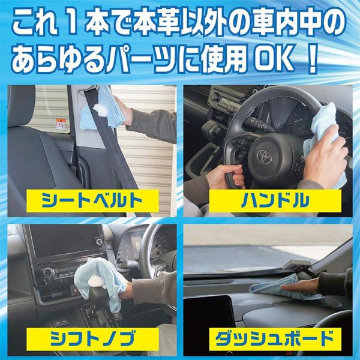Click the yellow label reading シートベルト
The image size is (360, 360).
point(92,200)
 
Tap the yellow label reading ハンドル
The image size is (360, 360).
point(275,200)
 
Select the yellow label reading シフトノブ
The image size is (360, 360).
point(92,339)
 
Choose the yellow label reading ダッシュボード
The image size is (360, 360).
point(275,339)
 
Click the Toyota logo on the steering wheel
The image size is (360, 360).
point(265,157)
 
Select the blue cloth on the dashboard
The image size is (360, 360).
point(284,290)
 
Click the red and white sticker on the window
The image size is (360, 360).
point(61,124)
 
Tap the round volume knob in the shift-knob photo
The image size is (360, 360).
point(47,272)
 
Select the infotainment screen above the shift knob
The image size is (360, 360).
point(65,240)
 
